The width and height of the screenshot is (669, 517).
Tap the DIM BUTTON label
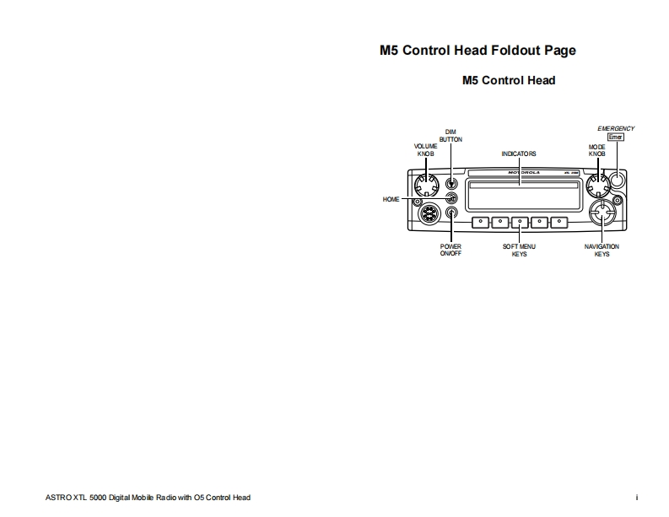pos(450,136)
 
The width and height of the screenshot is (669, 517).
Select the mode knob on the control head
pos(598,181)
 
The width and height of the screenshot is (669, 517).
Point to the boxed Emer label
pos(616,137)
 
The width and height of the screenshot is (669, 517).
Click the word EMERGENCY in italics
pos(616,128)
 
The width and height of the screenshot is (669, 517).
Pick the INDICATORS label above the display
pos(519,154)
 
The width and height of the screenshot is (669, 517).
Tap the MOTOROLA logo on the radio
pos(523,171)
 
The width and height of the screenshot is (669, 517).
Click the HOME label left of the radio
pos(391,200)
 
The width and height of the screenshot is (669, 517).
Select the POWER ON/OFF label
pos(450,250)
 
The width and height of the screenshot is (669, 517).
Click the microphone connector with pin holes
pos(429,215)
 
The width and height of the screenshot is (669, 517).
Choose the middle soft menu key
pos(520,223)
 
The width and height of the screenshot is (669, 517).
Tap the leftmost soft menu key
pos(480,223)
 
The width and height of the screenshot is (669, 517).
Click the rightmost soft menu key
pos(559,223)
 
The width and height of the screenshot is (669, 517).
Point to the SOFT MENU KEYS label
pos(519,250)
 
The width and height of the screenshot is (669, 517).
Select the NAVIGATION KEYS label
pos(602,250)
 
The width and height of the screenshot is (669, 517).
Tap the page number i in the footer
pos(637,498)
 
